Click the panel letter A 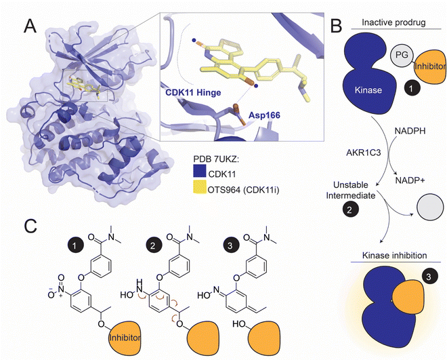click(x=30, y=27)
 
